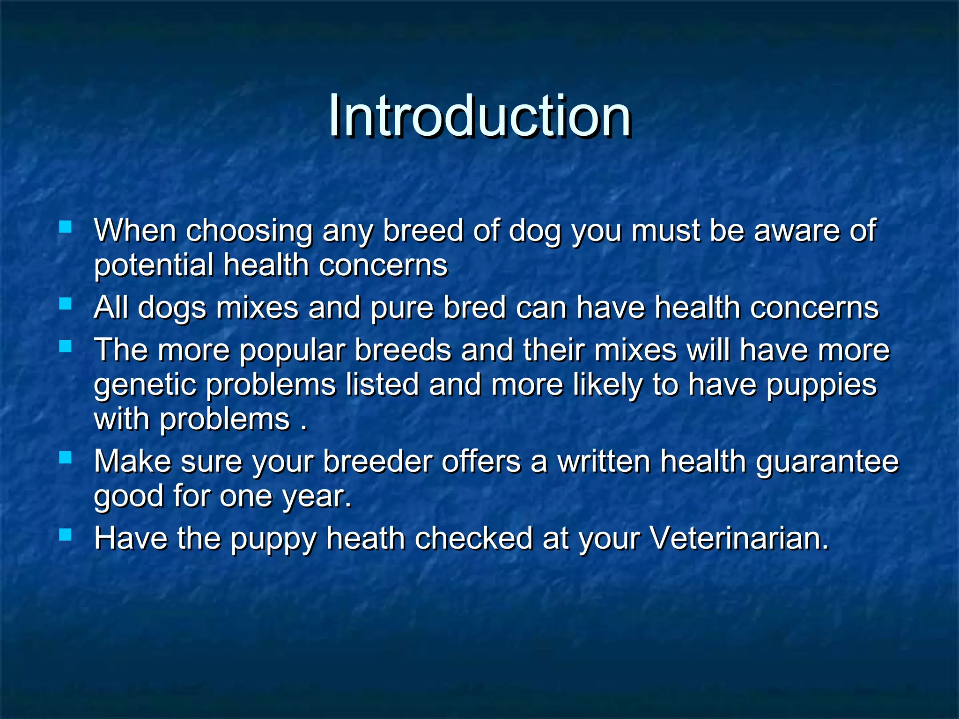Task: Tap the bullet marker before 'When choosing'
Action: [65, 227]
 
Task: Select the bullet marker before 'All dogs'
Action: [65, 304]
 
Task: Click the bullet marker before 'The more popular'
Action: [65, 346]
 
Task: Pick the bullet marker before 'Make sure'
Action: [65, 457]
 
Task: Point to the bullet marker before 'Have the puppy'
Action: [65, 534]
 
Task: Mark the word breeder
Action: [377, 462]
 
